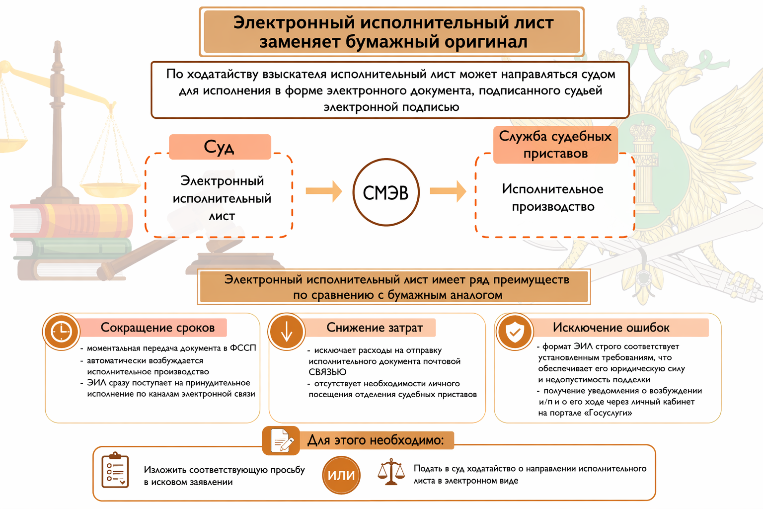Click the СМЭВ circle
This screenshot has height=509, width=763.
point(386,192)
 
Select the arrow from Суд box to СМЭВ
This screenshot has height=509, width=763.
point(323,191)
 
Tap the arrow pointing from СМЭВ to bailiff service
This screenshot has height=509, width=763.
point(448,191)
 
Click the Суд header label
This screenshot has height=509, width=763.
point(220,147)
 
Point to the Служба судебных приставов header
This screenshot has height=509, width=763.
point(555,145)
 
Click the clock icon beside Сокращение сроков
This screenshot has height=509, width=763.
point(61,331)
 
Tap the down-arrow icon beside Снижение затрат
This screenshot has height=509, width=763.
point(287,332)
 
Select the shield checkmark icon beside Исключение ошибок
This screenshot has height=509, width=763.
point(514,332)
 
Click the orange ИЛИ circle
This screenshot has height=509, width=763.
point(341,475)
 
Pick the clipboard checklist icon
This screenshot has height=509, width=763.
point(115,470)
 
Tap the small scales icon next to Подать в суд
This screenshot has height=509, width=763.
point(391,472)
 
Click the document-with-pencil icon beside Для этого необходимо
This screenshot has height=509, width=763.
point(281,440)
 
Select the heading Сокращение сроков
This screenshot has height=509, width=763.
point(157,328)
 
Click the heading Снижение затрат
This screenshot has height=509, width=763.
point(375,328)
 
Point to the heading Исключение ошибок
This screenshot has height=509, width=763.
point(611,328)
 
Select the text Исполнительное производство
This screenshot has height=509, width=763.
point(553,198)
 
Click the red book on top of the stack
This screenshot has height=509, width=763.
point(72,219)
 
